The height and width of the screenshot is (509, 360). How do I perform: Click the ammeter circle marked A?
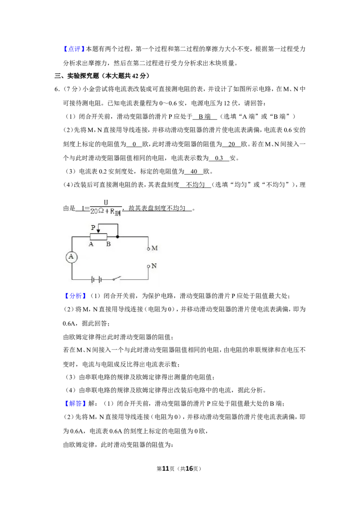(71, 257)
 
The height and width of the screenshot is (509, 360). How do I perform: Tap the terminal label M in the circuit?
(155, 248)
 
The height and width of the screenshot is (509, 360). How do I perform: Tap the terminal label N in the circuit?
(154, 266)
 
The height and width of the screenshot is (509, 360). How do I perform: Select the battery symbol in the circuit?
(96, 279)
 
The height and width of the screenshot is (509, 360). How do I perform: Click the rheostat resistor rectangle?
(99, 237)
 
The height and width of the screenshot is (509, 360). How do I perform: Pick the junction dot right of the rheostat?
(117, 237)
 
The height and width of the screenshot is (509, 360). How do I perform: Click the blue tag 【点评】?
(74, 49)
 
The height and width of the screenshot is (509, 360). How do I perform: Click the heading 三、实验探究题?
(76, 76)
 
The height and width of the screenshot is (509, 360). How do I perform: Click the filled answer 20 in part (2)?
(232, 144)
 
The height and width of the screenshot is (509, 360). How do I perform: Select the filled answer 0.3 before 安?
(219, 158)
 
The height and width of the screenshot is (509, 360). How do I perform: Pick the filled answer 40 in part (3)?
(194, 171)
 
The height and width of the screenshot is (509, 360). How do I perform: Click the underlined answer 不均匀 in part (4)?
(195, 185)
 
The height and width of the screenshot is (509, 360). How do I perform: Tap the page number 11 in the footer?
(166, 469)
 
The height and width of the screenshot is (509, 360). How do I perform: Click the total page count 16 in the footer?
(189, 469)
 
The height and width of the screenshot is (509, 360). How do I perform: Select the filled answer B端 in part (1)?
(205, 116)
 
